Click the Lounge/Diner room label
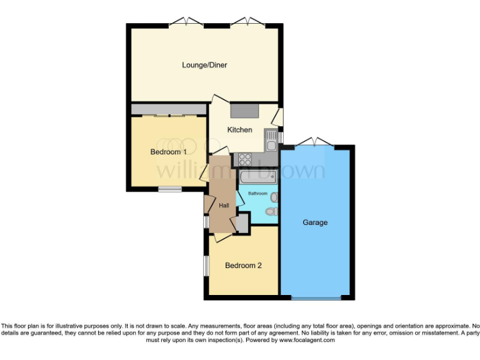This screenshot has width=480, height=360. pyautogui.click(x=205, y=65)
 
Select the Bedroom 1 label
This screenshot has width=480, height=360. pyautogui.click(x=169, y=152)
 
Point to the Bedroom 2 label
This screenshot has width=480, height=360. pyautogui.click(x=243, y=266)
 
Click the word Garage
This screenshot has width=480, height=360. pyautogui.click(x=315, y=222)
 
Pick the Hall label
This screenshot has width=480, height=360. pyautogui.click(x=223, y=206)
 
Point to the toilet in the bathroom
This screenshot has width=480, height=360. pyautogui.click(x=271, y=212)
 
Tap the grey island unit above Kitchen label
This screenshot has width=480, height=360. pyautogui.click(x=244, y=111)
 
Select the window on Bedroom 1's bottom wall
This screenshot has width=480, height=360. pyautogui.click(x=169, y=189)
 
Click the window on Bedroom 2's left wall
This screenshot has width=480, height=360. pyautogui.click(x=206, y=265)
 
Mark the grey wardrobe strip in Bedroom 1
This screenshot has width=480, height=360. pyautogui.click(x=169, y=109)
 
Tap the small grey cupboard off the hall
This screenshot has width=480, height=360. pyautogui.click(x=241, y=223)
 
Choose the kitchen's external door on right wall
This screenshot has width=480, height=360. pyautogui.click(x=279, y=117)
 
